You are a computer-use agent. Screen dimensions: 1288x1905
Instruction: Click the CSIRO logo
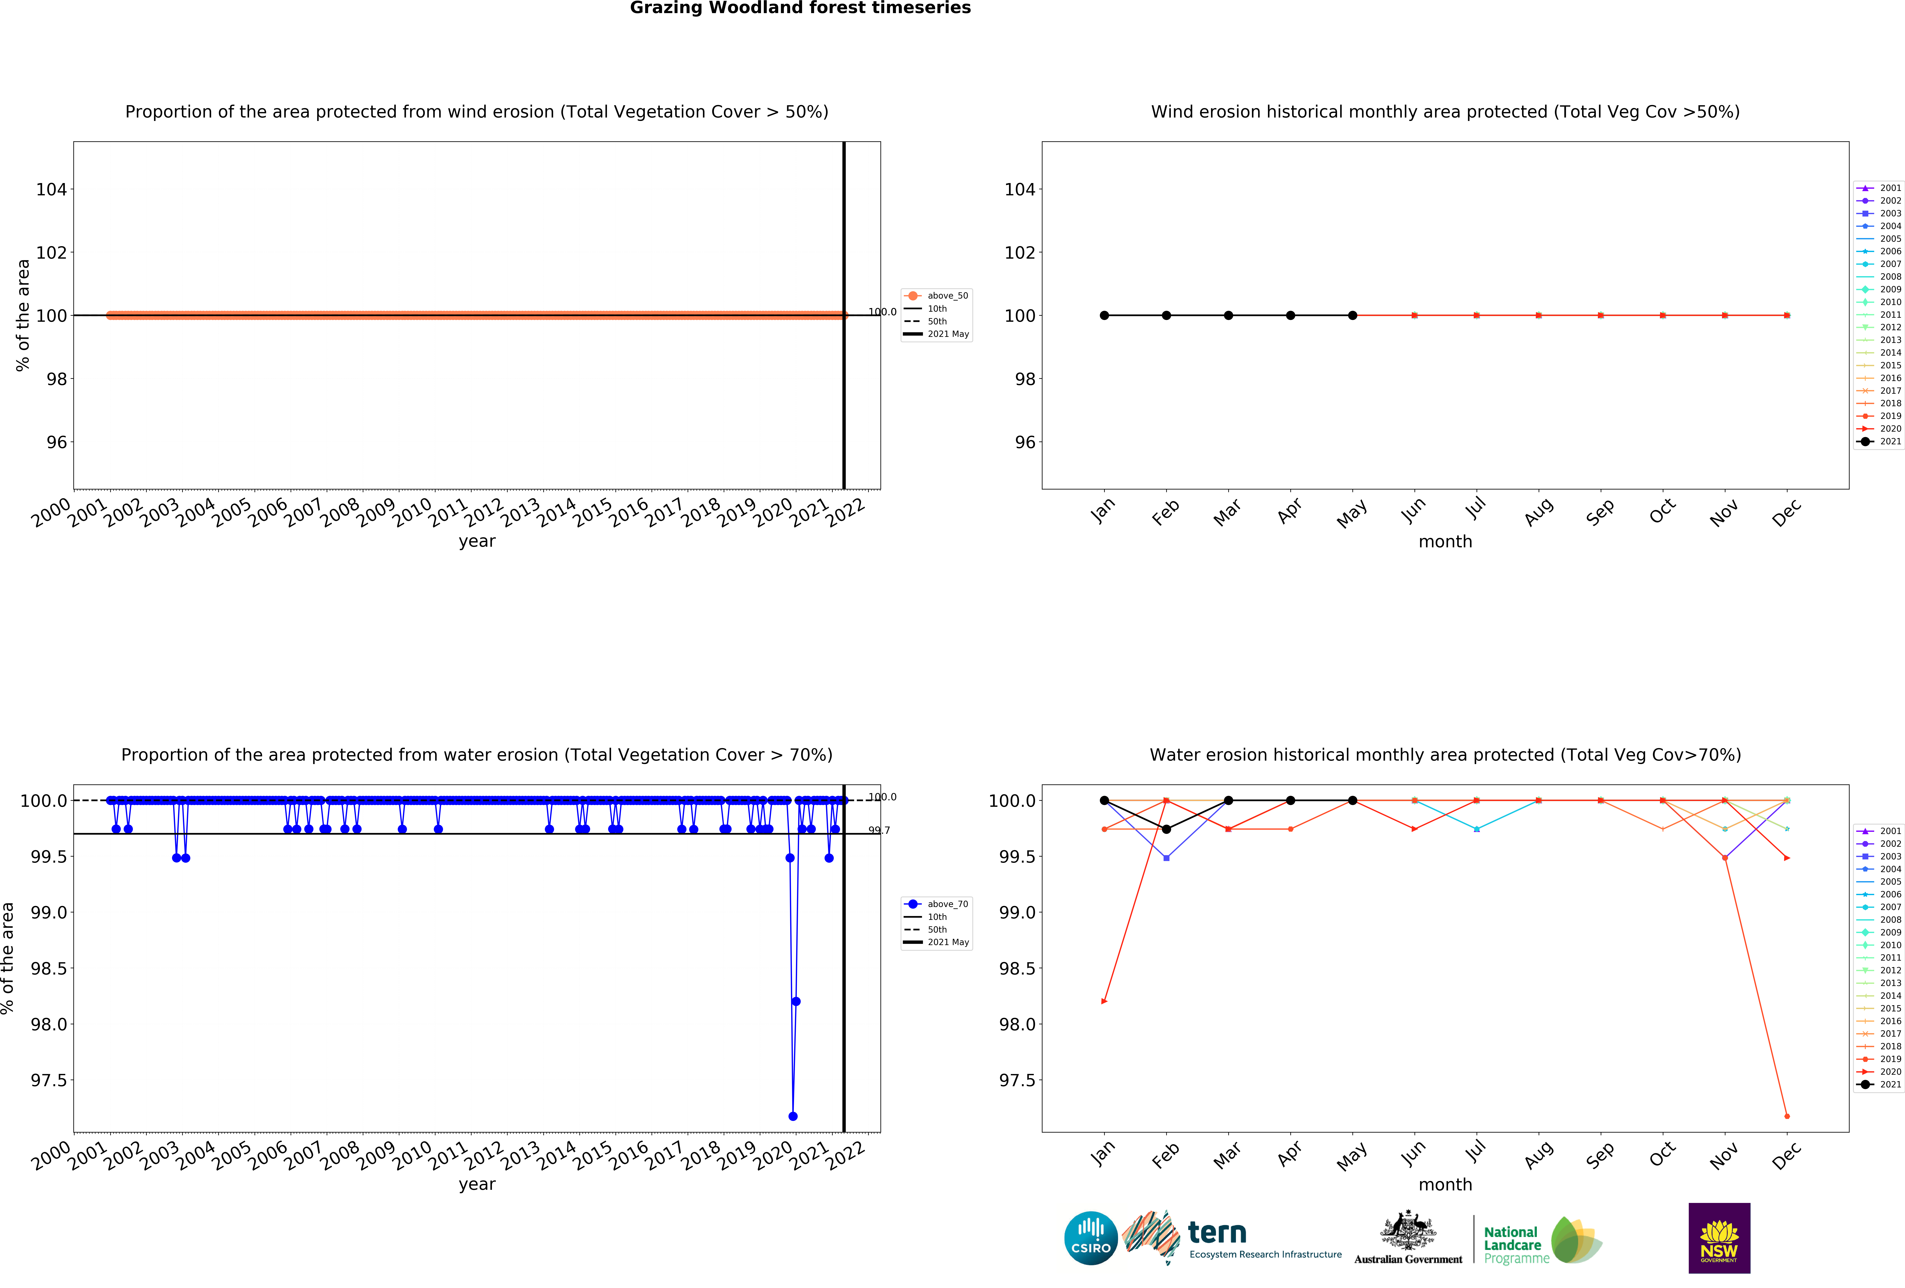click(x=1090, y=1238)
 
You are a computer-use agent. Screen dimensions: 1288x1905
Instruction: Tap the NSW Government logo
click(x=1719, y=1238)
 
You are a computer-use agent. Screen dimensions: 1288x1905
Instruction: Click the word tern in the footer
click(x=1217, y=1232)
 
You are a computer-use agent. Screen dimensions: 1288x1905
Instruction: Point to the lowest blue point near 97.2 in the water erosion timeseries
click(x=793, y=1116)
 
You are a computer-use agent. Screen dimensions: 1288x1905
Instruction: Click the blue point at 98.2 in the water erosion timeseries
click(x=796, y=1001)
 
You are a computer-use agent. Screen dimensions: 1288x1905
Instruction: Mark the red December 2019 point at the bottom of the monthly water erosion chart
click(x=1787, y=1116)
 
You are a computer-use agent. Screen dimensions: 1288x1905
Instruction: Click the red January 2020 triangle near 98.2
click(x=1104, y=1001)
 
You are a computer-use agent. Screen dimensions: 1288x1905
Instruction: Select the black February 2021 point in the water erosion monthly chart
click(x=1166, y=829)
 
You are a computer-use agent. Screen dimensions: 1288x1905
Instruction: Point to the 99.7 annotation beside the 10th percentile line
click(x=879, y=831)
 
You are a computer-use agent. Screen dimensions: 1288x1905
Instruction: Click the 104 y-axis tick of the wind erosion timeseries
click(x=51, y=189)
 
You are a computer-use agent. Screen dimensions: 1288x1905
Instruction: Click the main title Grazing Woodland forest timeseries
click(x=800, y=8)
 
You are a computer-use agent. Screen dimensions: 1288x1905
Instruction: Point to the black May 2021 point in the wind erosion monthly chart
click(x=1352, y=316)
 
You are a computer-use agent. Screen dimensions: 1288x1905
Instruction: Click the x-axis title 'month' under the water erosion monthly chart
click(x=1445, y=1185)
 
